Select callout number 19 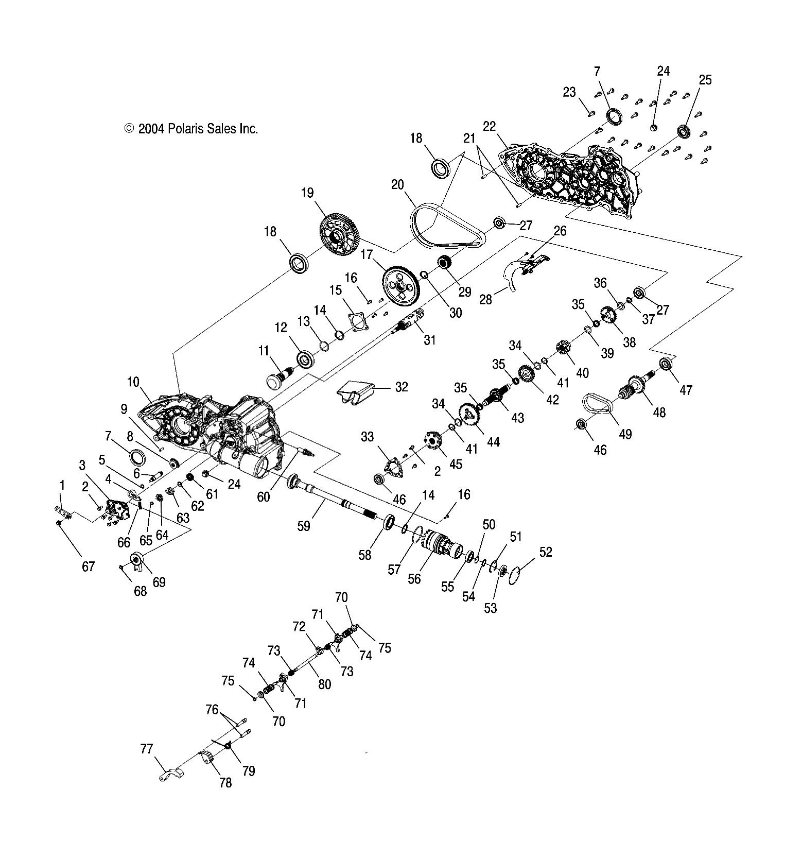(307, 193)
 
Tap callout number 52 (545, 552)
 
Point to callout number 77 (147, 748)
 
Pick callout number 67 (89, 567)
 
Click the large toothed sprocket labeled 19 (339, 236)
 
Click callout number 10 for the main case (133, 382)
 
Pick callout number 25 (705, 80)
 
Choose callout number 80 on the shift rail (324, 684)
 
